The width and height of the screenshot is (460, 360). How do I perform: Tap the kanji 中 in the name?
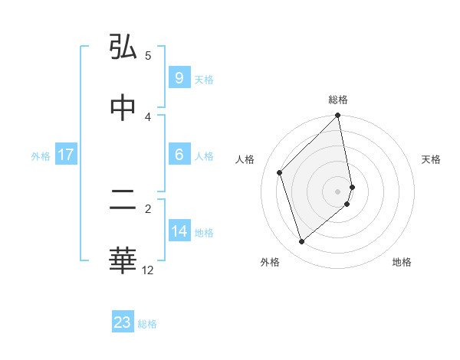coord(123,108)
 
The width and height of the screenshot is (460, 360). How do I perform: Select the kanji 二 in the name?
coord(123,201)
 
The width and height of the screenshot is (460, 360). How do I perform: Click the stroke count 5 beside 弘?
coord(148,55)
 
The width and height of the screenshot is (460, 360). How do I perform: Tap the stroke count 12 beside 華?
coord(148,270)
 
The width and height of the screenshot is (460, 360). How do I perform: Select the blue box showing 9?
coord(179,78)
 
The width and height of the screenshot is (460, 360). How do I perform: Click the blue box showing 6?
coord(179,155)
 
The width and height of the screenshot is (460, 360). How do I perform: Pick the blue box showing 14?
coord(179,231)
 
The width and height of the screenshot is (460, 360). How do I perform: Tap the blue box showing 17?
coord(66,155)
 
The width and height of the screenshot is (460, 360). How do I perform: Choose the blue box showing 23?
coord(123,322)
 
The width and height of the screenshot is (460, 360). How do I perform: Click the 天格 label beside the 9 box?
coord(204,79)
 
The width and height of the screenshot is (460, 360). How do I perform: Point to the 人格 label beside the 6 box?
coord(204,155)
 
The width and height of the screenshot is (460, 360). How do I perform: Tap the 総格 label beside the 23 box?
coord(147,323)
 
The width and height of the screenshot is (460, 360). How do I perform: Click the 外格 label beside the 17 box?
coord(41,155)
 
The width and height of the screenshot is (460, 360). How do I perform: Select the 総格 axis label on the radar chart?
coord(338,100)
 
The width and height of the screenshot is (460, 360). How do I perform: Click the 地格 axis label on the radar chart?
coord(402,262)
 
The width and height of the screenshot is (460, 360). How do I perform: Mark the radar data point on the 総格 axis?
coord(338,116)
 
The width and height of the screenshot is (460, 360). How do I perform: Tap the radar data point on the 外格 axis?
coord(301,242)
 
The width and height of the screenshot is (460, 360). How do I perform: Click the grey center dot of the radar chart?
coord(338,191)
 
